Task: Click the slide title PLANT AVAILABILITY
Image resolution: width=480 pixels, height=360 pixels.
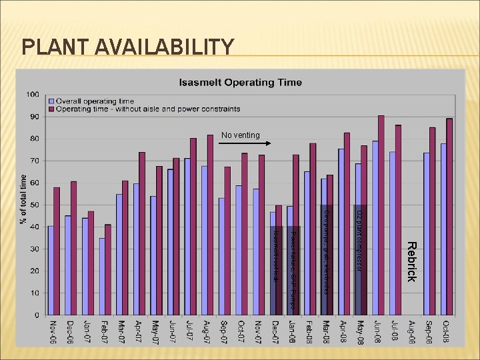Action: [128, 47]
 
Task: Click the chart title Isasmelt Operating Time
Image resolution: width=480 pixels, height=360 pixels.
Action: [240, 83]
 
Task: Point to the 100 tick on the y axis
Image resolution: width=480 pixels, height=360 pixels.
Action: [32, 95]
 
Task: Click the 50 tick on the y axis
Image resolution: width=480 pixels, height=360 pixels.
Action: [34, 205]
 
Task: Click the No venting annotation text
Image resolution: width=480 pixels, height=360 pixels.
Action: [241, 135]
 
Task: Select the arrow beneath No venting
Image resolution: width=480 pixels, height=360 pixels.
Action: [254, 143]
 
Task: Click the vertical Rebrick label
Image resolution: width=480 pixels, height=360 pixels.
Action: [411, 261]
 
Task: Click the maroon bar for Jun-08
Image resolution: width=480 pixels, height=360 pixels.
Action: [381, 215]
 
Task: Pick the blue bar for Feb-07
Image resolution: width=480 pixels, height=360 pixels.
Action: [102, 276]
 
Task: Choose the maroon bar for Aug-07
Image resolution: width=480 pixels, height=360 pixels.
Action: [211, 225]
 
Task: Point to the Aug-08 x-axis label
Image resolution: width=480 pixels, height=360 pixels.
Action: [412, 331]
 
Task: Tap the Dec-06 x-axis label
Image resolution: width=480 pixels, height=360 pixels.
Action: [71, 331]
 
